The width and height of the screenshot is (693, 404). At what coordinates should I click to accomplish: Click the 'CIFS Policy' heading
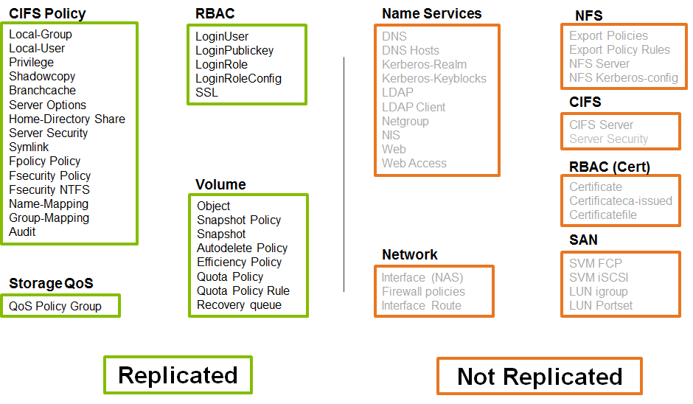pyautogui.click(x=47, y=13)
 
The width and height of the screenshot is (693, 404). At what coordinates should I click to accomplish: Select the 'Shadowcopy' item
pyautogui.click(x=42, y=77)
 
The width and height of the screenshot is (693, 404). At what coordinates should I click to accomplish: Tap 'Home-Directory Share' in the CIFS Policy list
pyautogui.click(x=67, y=119)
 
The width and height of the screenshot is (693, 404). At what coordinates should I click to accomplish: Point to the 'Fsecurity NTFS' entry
pyautogui.click(x=49, y=190)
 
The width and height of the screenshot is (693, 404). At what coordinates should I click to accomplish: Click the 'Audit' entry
pyautogui.click(x=22, y=232)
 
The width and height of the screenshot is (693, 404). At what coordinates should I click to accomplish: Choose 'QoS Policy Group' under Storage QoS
pyautogui.click(x=55, y=306)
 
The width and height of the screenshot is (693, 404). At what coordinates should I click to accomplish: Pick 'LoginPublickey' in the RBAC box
pyautogui.click(x=234, y=51)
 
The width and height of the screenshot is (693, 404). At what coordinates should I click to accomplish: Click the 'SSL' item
pyautogui.click(x=206, y=93)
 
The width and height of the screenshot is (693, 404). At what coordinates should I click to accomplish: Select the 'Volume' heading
pyautogui.click(x=220, y=184)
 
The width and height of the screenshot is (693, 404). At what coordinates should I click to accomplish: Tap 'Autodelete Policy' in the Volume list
pyautogui.click(x=242, y=248)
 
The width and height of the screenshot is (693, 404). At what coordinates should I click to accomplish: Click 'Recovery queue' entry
pyautogui.click(x=239, y=305)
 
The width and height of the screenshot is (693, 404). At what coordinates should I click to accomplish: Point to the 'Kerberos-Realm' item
pyautogui.click(x=424, y=65)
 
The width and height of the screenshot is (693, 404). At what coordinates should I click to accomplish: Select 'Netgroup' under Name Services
pyautogui.click(x=405, y=122)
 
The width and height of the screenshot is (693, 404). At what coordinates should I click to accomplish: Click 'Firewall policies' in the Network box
pyautogui.click(x=423, y=292)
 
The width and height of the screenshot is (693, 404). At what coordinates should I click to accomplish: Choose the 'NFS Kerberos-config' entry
pyautogui.click(x=624, y=78)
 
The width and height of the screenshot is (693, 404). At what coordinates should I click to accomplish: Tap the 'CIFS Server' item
pyautogui.click(x=601, y=125)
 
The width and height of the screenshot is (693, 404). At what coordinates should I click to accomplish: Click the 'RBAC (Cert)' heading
pyautogui.click(x=610, y=167)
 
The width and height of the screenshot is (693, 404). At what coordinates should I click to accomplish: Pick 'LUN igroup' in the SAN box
pyautogui.click(x=599, y=292)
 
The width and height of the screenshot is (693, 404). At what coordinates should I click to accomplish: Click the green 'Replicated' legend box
pyautogui.click(x=178, y=375)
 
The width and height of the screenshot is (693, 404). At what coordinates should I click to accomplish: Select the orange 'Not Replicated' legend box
pyautogui.click(x=540, y=377)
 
